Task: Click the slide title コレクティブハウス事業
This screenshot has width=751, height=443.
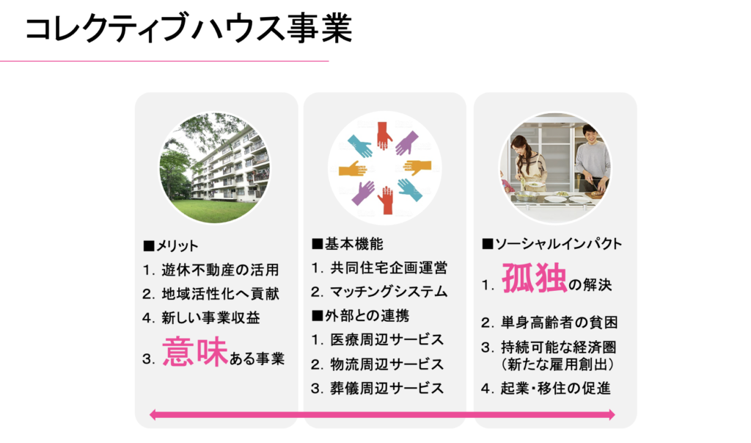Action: point(188,29)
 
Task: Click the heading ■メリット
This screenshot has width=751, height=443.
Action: point(170,245)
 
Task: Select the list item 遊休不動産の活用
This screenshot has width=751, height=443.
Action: point(220,270)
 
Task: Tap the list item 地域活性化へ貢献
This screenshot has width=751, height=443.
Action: point(220,294)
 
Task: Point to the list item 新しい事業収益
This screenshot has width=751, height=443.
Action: point(210,317)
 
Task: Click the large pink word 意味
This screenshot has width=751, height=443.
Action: point(195,352)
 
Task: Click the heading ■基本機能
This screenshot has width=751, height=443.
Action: point(347,244)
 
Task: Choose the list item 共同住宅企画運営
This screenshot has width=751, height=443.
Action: point(389,268)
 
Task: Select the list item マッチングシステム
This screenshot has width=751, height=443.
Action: point(389,292)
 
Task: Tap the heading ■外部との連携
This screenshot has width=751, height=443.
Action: point(360,315)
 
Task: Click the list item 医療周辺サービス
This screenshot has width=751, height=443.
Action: point(387,340)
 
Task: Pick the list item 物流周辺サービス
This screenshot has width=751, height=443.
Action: point(387,364)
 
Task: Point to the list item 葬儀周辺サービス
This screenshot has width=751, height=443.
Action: point(387,388)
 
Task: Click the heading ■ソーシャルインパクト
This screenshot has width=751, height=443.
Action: point(552,244)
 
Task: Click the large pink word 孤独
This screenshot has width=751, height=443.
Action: point(535,278)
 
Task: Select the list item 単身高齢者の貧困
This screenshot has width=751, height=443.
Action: point(559,323)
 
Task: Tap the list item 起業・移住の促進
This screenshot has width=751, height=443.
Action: point(556,388)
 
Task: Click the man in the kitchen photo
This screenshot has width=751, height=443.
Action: point(593,159)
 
